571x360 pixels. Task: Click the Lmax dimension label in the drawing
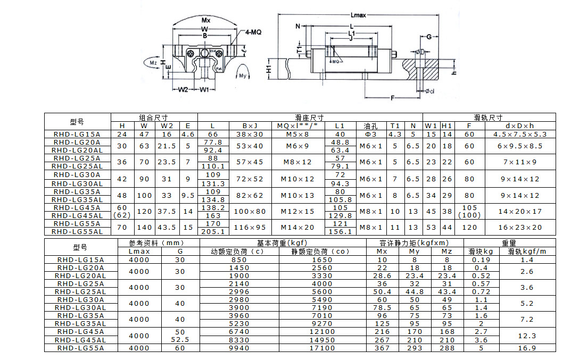click(x=358, y=15)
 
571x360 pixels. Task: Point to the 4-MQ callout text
click(x=253, y=32)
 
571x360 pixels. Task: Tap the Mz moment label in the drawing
click(x=153, y=63)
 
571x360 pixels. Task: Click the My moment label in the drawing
click(x=243, y=76)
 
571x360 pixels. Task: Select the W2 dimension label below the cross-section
click(x=183, y=89)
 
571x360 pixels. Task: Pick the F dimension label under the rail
click(x=392, y=97)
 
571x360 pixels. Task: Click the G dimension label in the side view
click(x=429, y=37)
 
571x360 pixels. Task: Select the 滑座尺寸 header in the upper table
click(x=309, y=118)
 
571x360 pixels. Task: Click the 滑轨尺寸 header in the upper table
click(x=489, y=118)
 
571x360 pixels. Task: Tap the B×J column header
click(x=250, y=126)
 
